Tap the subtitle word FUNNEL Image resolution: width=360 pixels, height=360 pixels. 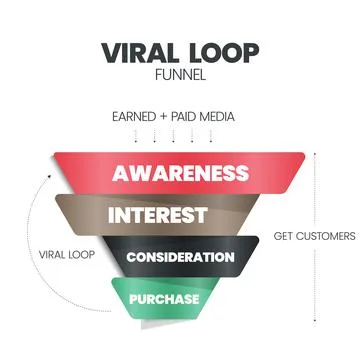pyautogui.click(x=180, y=76)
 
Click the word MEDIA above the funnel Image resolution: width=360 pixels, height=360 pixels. pyautogui.click(x=219, y=116)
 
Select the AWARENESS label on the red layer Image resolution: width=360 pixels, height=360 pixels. pyautogui.click(x=180, y=172)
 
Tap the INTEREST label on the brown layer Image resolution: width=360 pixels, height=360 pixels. pyautogui.click(x=157, y=215)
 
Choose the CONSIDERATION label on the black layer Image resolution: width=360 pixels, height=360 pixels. pyautogui.click(x=181, y=257)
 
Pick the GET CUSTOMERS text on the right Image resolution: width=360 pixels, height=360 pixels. pyautogui.click(x=314, y=236)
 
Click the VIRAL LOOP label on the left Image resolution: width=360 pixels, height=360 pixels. pyautogui.click(x=67, y=254)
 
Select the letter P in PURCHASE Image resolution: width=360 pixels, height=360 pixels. pyautogui.click(x=132, y=298)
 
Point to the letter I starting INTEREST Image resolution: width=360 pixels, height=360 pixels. pyautogui.click(x=111, y=215)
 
